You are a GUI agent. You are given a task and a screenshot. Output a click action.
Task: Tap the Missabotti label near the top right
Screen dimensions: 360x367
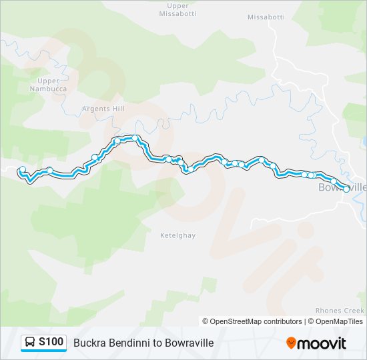(266, 17)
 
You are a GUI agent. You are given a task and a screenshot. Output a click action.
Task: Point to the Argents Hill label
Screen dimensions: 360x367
(103, 109)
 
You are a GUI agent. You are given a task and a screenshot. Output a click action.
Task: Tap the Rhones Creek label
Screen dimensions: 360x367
(340, 311)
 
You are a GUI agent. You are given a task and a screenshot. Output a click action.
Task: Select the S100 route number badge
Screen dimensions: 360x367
(51, 342)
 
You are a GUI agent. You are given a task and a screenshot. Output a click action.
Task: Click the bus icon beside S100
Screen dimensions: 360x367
(31, 343)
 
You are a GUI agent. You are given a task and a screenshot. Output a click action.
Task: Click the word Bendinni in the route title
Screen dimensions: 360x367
(132, 343)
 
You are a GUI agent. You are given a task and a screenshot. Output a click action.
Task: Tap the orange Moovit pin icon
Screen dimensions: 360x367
(291, 343)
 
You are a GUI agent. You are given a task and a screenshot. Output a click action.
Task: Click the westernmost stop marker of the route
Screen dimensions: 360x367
(23, 169)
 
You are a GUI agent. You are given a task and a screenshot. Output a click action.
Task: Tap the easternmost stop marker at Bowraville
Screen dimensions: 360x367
(346, 189)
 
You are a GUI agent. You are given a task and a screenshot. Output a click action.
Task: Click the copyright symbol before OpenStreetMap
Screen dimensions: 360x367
(206, 321)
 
